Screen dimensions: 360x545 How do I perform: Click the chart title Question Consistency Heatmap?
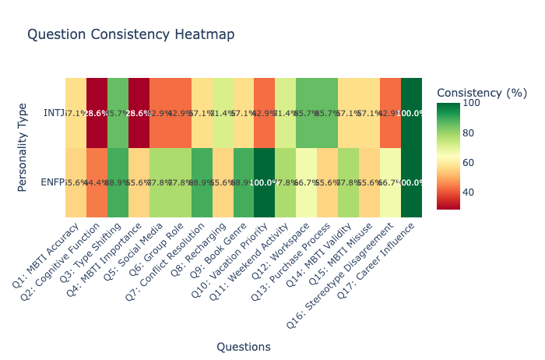click(131, 34)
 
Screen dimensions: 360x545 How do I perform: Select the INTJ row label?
click(54, 113)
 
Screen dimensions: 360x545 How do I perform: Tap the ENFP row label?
click(52, 182)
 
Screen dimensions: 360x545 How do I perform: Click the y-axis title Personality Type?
click(23, 147)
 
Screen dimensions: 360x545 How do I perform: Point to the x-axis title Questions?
click(243, 347)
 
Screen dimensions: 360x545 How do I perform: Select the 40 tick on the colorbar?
click(469, 192)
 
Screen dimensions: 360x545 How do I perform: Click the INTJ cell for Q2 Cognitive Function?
click(97, 113)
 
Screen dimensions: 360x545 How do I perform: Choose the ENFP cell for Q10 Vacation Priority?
click(264, 182)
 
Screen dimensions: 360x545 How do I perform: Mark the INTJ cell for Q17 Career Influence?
click(411, 113)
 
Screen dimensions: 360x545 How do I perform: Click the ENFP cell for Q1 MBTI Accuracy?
click(76, 182)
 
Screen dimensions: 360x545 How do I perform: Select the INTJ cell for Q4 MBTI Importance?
click(139, 113)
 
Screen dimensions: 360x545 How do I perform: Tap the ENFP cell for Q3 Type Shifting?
click(118, 182)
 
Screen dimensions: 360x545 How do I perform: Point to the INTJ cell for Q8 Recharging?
click(222, 113)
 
